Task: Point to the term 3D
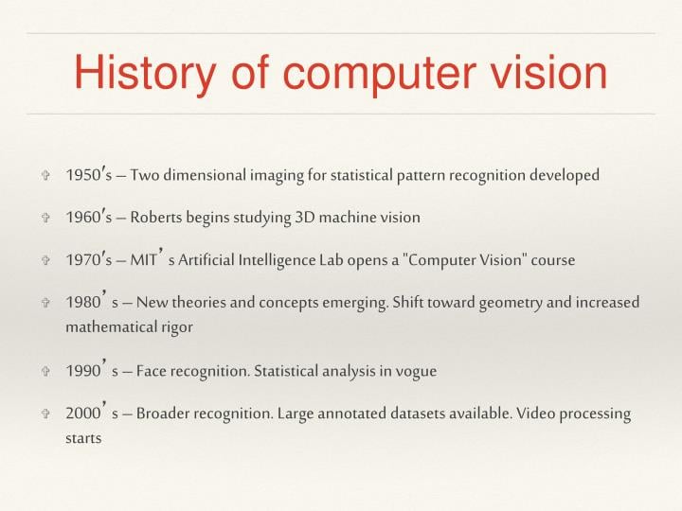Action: [305, 218]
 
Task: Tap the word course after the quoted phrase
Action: [552, 259]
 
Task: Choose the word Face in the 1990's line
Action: [153, 371]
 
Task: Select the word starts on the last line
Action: [83, 439]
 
